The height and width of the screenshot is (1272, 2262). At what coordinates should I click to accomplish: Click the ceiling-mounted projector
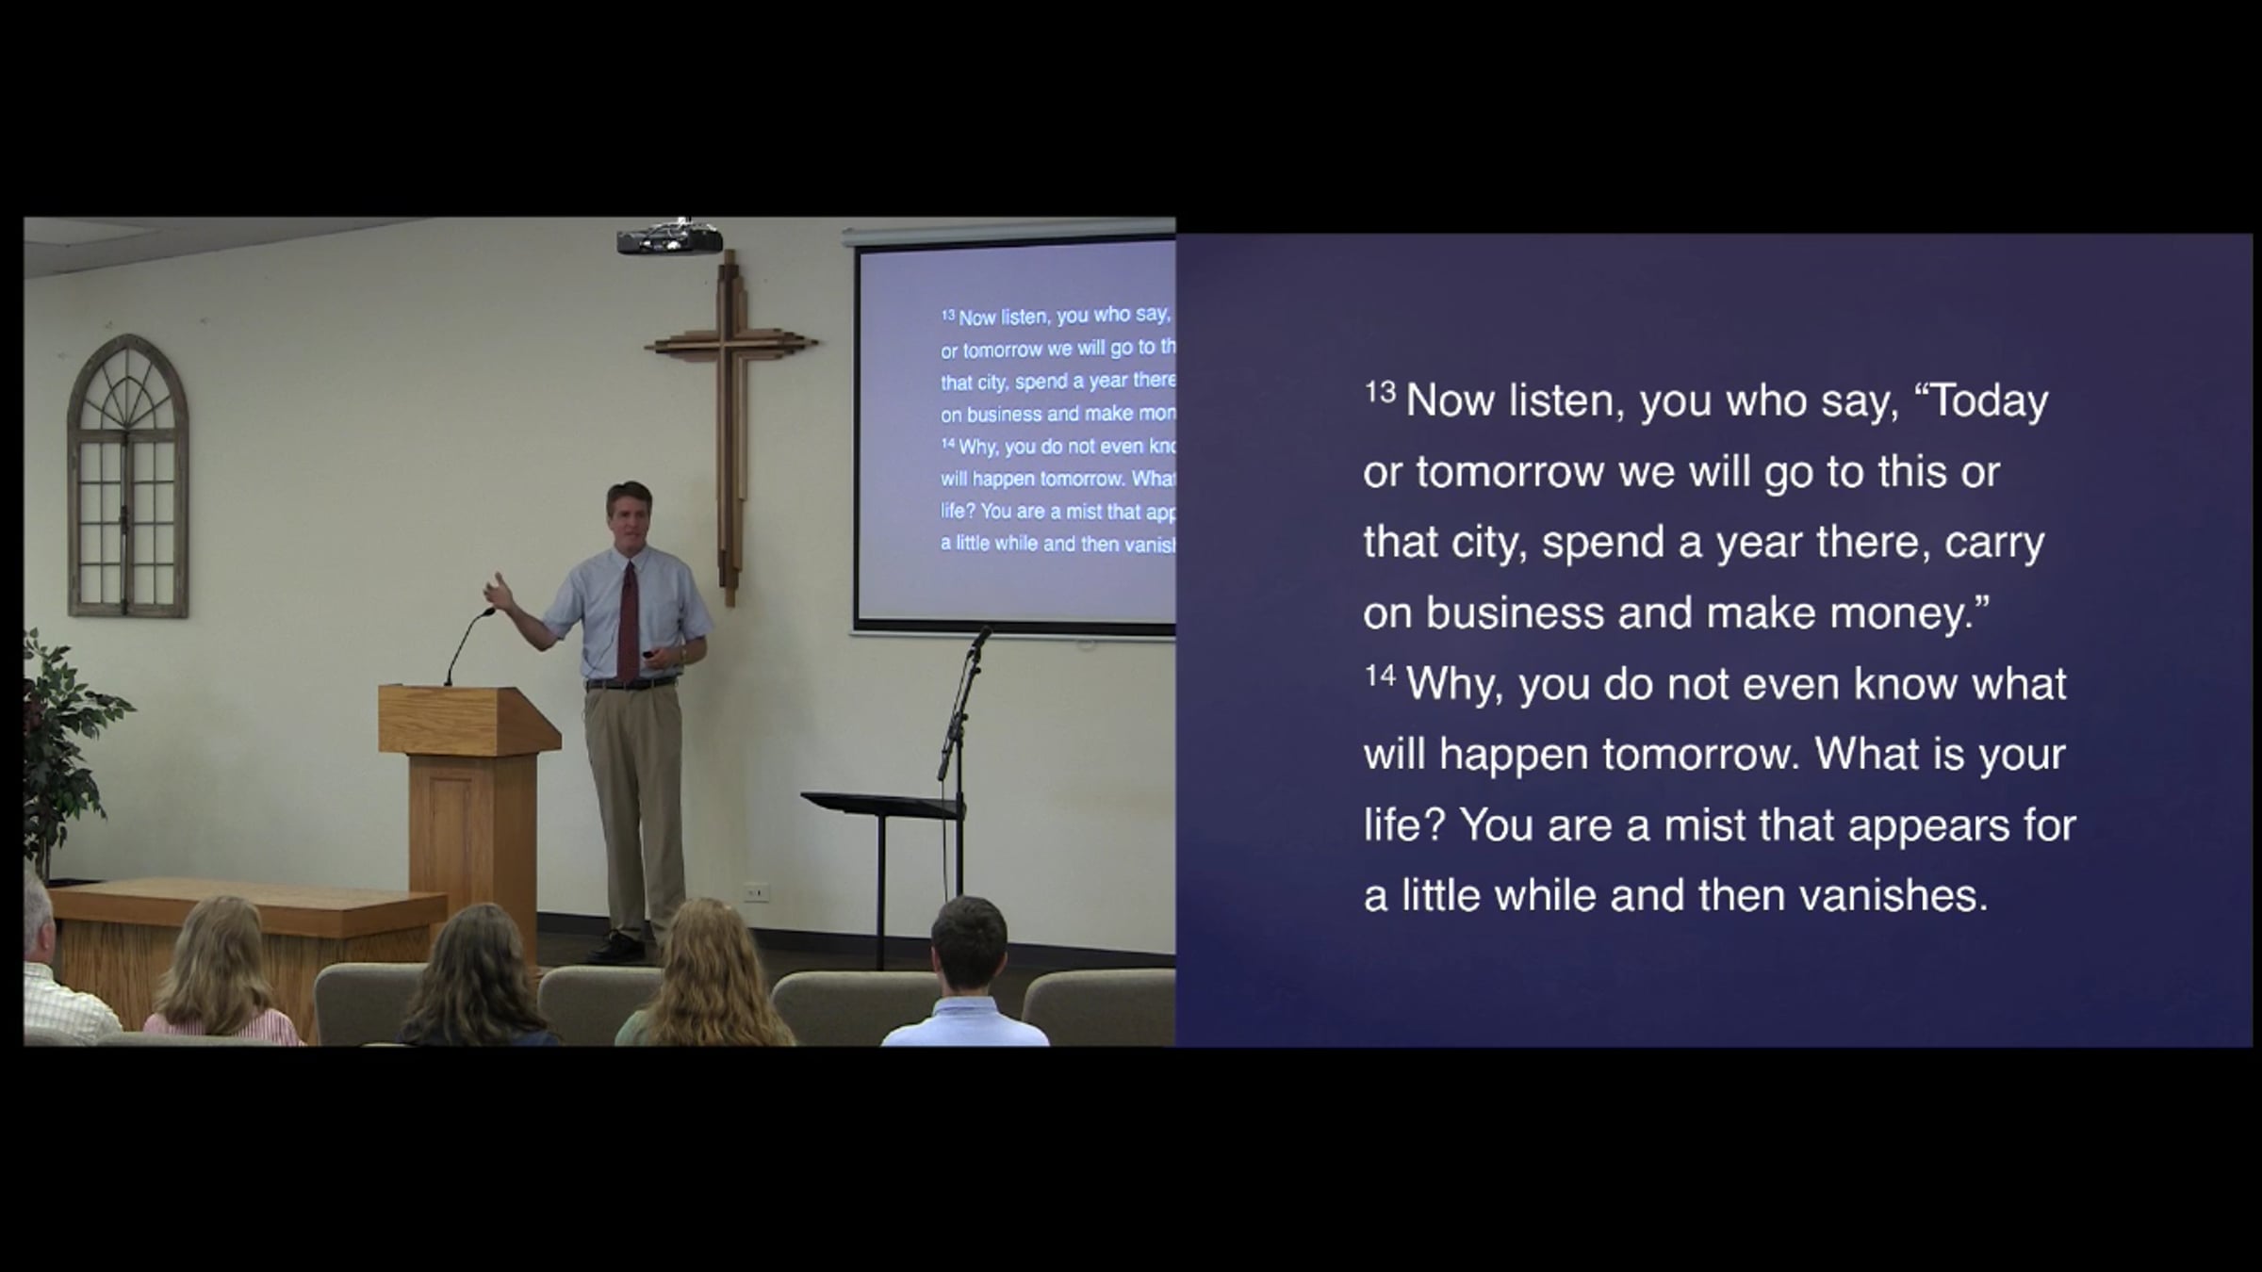click(x=669, y=237)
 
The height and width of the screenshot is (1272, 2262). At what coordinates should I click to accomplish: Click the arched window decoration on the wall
click(x=128, y=476)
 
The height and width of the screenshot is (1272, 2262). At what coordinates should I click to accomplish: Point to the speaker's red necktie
click(x=629, y=617)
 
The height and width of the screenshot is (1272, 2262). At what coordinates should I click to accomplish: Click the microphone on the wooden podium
click(x=468, y=646)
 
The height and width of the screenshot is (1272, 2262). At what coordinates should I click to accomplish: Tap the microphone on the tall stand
click(x=980, y=640)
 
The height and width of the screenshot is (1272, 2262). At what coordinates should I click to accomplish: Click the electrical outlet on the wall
click(x=756, y=891)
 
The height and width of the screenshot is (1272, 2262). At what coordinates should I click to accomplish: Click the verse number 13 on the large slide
click(x=1380, y=391)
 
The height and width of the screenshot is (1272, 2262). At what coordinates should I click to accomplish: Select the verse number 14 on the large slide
click(x=1380, y=675)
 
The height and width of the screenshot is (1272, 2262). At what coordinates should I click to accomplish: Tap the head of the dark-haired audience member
click(x=969, y=942)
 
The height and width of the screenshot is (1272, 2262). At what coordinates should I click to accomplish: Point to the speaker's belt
click(x=631, y=683)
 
